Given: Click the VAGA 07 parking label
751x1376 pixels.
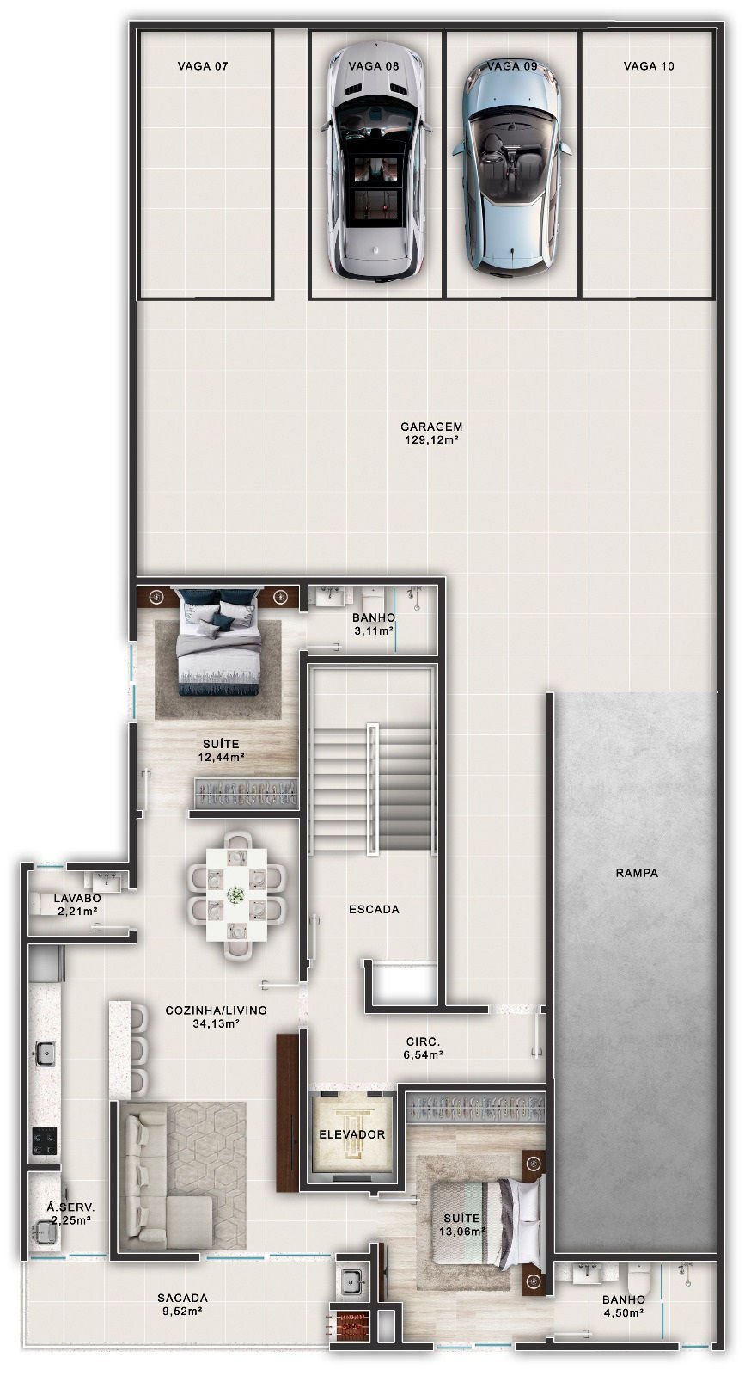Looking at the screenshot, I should [203, 65].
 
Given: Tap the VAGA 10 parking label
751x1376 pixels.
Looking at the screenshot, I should [649, 65].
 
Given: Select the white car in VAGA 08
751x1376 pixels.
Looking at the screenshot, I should [375, 163].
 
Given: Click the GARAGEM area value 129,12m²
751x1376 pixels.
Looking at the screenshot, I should [431, 440].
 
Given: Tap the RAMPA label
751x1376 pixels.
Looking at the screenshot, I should [637, 873].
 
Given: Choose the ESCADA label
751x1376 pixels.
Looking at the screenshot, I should [374, 909].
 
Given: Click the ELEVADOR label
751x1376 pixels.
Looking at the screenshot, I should [351, 1134].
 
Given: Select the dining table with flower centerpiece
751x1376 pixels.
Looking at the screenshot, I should [235, 894].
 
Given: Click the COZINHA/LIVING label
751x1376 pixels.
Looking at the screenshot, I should [216, 1010].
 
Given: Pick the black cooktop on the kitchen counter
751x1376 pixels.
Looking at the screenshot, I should [45, 1140].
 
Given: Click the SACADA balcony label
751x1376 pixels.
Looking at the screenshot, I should [182, 1299].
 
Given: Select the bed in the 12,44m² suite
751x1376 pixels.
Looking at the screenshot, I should [218, 643].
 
